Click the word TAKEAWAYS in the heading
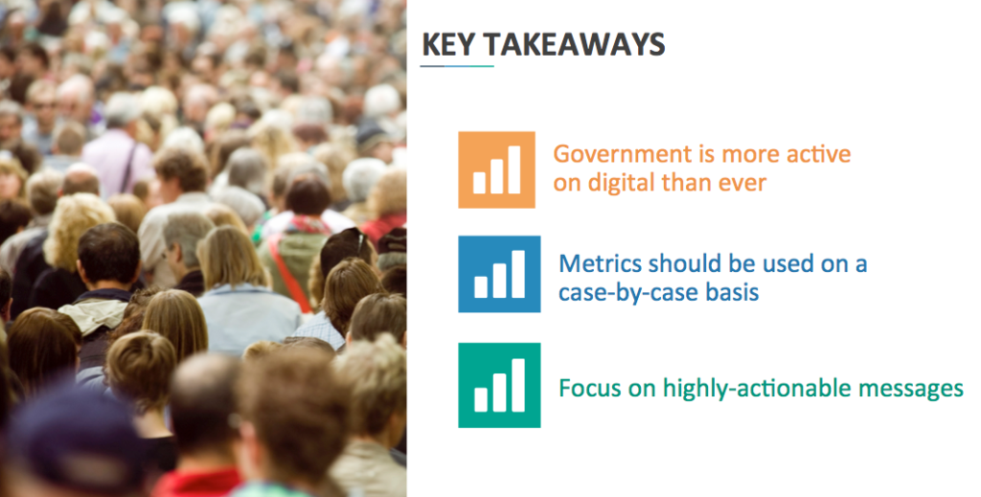coord(575,45)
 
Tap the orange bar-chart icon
coord(497,169)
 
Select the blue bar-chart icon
coord(499,274)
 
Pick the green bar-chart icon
coord(499,385)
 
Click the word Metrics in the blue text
coord(601,263)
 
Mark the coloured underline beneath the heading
coord(457,66)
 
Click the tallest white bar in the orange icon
coord(514,169)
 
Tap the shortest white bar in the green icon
coord(481,399)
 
